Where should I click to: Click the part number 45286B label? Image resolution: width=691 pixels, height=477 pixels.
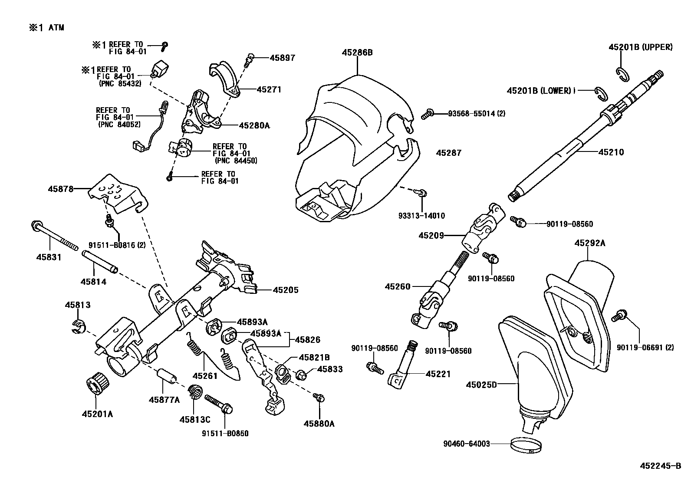point(357,53)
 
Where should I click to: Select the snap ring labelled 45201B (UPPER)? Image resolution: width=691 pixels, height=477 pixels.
point(623,74)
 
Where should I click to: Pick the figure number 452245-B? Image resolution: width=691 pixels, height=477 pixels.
point(660,466)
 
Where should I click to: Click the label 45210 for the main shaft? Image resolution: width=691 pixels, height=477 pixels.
point(611,152)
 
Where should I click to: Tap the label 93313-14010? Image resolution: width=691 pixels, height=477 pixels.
point(421,216)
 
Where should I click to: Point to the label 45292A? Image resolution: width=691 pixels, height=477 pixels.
point(589,243)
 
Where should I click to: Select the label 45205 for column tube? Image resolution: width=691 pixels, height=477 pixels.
point(285,290)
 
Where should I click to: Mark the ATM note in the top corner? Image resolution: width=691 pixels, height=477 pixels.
point(46,28)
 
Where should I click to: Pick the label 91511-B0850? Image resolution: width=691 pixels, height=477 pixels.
point(225,433)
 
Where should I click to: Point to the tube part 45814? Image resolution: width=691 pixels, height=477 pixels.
point(100,263)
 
